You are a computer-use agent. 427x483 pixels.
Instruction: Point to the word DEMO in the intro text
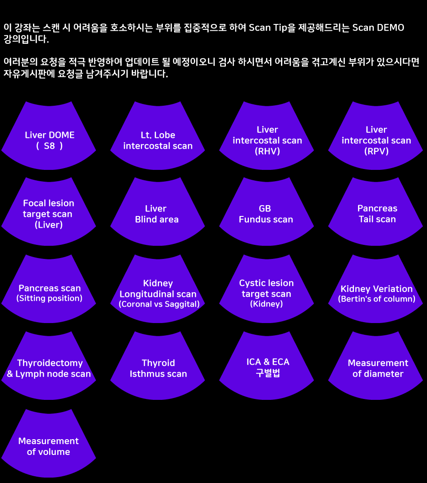pyautogui.click(x=390, y=28)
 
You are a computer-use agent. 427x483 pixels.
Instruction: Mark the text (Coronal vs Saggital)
pyautogui.click(x=159, y=304)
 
